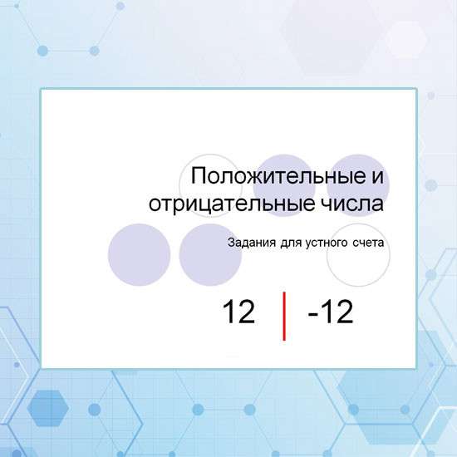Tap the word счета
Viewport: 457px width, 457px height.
(x=367, y=243)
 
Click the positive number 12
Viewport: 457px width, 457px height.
(x=238, y=312)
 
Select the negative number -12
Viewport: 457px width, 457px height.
(x=330, y=312)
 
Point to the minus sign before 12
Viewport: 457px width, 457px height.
(x=312, y=314)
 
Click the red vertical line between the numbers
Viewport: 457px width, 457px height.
(x=285, y=316)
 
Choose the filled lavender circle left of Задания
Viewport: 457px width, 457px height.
(x=209, y=254)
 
